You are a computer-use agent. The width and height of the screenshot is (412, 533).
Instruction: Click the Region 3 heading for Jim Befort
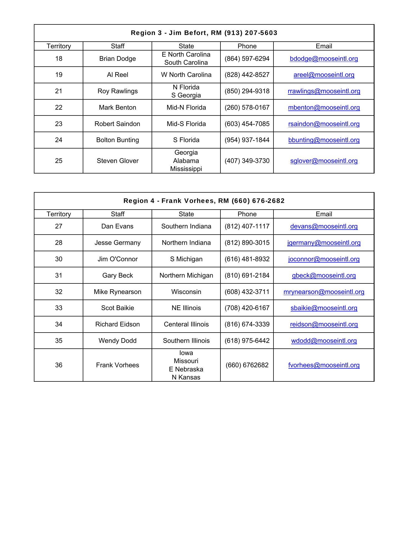(204, 33)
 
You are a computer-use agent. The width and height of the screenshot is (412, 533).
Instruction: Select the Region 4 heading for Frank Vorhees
(204, 201)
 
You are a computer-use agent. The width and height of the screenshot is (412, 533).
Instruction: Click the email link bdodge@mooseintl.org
(324, 59)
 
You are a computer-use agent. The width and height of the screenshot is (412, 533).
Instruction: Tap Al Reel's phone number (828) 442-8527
(247, 75)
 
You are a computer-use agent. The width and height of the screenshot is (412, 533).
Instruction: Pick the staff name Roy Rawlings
(117, 91)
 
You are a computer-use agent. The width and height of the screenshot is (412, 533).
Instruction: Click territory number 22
(59, 107)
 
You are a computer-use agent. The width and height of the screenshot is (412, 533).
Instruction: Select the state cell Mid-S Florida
(186, 124)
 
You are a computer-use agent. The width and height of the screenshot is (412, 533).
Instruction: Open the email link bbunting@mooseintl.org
(324, 140)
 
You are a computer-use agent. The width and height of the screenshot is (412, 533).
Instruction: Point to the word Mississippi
(186, 169)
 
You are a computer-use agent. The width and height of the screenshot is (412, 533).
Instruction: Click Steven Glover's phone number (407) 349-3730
(247, 161)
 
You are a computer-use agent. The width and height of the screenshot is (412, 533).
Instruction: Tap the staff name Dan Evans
(117, 226)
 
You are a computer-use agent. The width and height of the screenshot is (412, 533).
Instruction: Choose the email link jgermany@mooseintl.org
(324, 243)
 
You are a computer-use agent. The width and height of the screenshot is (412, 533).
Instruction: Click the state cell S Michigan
(186, 259)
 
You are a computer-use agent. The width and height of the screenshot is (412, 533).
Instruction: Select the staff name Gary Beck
(117, 275)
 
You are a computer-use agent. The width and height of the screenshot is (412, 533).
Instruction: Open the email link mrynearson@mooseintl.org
(324, 292)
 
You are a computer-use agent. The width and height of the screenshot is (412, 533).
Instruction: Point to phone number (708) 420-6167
(247, 308)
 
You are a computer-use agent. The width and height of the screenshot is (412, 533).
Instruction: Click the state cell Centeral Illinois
(186, 324)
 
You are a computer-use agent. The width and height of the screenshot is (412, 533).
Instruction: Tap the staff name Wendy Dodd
(117, 341)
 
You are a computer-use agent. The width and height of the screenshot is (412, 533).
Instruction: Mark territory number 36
(59, 365)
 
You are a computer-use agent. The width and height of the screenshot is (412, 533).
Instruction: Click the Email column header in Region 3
(324, 46)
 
